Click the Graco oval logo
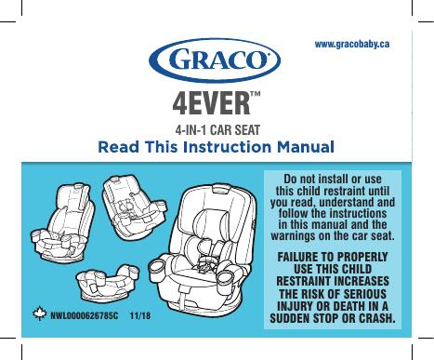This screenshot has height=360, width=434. [x=215, y=60]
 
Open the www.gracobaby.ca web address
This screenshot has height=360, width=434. [x=352, y=45]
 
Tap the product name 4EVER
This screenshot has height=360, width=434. [x=211, y=103]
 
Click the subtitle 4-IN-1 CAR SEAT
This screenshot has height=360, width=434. [x=217, y=130]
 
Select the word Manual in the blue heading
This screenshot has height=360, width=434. [x=306, y=147]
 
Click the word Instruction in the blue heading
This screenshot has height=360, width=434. [x=227, y=147]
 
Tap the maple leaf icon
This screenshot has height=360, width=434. [x=40, y=313]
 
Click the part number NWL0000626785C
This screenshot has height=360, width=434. [x=85, y=316]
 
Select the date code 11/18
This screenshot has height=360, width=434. [x=140, y=316]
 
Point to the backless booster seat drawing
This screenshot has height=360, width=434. [x=108, y=282]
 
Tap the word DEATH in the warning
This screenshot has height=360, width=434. [x=349, y=306]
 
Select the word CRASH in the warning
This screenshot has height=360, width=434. [x=377, y=318]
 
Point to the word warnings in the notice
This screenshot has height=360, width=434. [x=293, y=236]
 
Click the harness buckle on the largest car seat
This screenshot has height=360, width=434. [x=205, y=266]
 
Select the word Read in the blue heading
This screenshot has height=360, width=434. [x=118, y=147]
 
